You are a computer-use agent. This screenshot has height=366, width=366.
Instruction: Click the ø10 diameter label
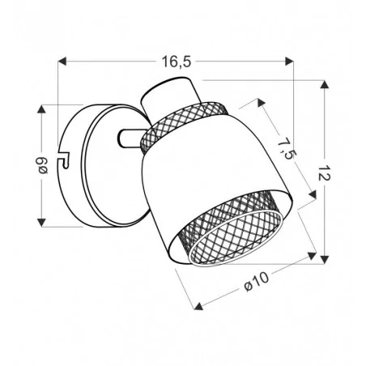256,283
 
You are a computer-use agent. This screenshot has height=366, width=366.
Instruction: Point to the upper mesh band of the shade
182,121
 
